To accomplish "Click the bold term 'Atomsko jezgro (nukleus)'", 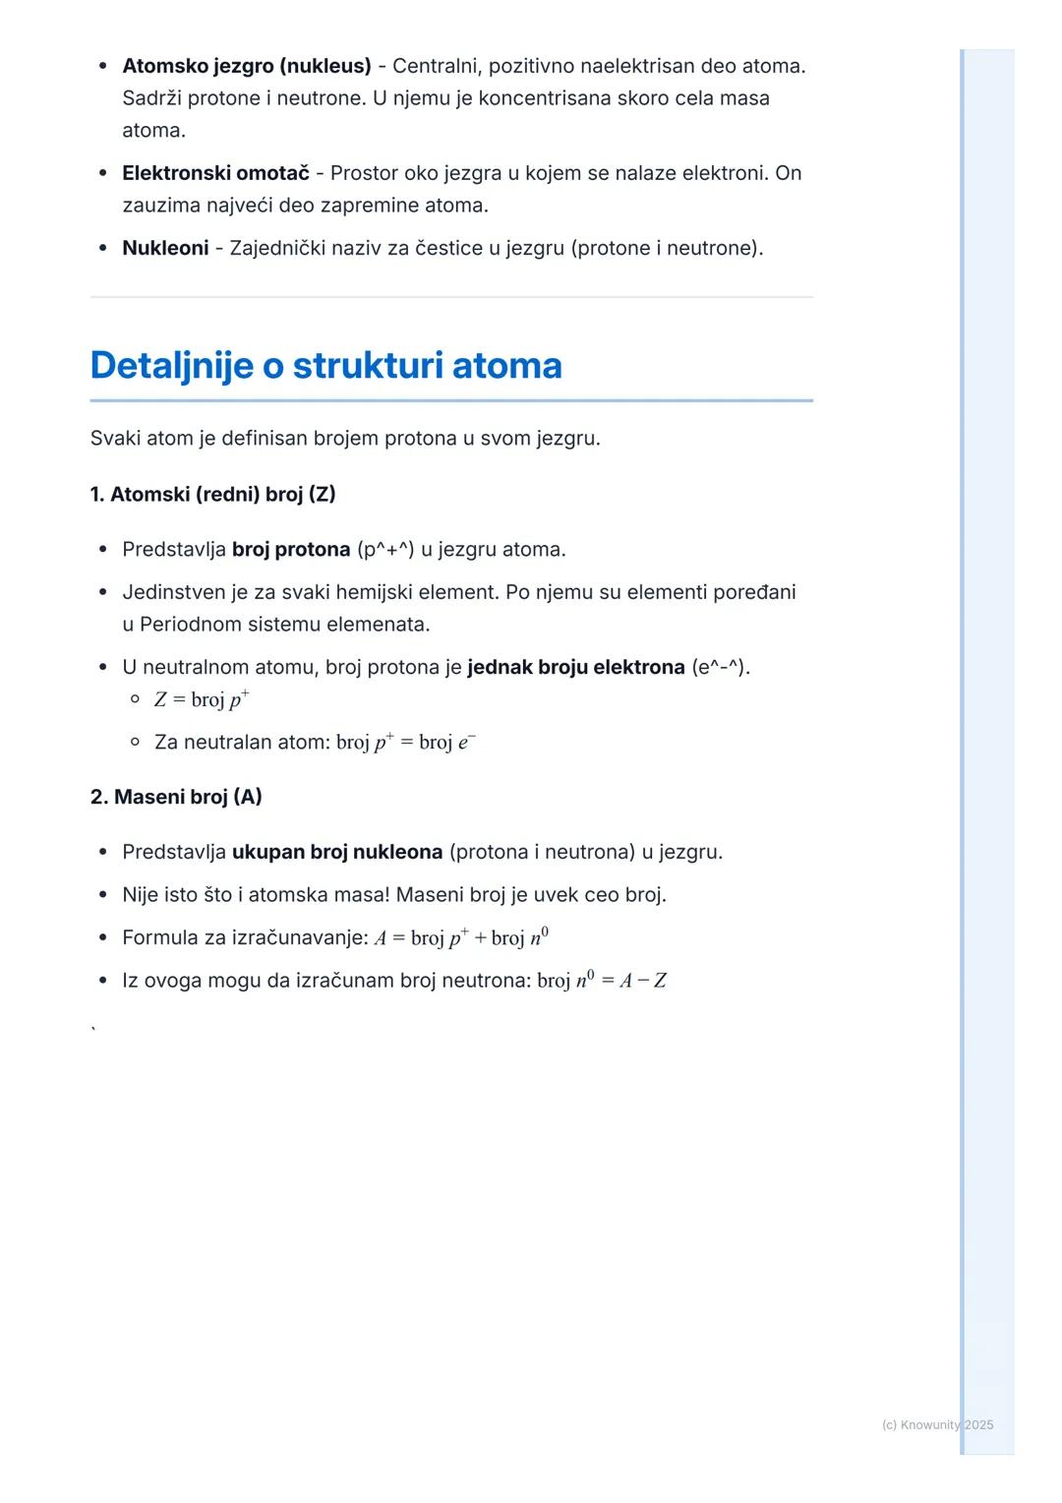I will pyautogui.click(x=247, y=66).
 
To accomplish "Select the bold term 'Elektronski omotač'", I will pyautogui.click(x=215, y=173).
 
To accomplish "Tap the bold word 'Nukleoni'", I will pyautogui.click(x=165, y=248).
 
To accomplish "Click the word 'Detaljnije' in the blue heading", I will pyautogui.click(x=172, y=365).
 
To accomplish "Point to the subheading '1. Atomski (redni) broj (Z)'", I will pyautogui.click(x=212, y=494).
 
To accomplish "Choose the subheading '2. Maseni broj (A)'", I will pyautogui.click(x=176, y=797).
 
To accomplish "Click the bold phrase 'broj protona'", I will pyautogui.click(x=291, y=549).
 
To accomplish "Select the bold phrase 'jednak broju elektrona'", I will pyautogui.click(x=575, y=667).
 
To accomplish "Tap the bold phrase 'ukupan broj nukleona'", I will pyautogui.click(x=337, y=852).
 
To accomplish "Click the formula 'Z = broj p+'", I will pyautogui.click(x=202, y=699).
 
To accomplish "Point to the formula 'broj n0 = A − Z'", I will pyautogui.click(x=602, y=980).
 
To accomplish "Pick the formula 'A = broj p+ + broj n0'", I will pyautogui.click(x=461, y=937).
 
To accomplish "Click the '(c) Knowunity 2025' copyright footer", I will pyautogui.click(x=937, y=1424).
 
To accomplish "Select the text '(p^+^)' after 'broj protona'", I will pyautogui.click(x=385, y=549).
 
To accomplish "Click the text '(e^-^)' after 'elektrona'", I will pyautogui.click(x=720, y=667).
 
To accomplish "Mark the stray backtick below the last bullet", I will pyautogui.click(x=93, y=1030).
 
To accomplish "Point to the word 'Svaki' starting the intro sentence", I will pyautogui.click(x=115, y=438).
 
